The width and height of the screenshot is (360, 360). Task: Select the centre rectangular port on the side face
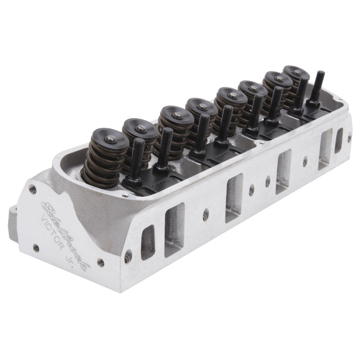coord(234,198)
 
